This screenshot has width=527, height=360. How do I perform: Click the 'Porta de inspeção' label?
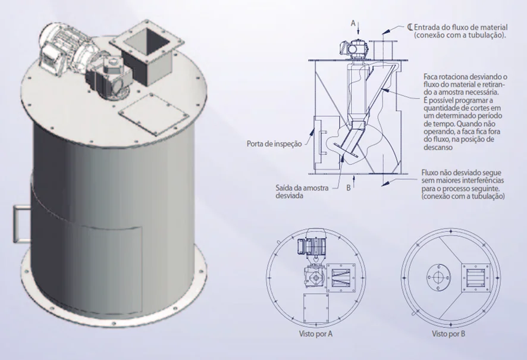click(x=274, y=144)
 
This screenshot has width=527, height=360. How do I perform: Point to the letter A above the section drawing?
click(x=353, y=23)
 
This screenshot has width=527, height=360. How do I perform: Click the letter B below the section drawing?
click(x=349, y=187)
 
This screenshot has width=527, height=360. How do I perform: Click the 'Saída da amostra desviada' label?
click(x=302, y=192)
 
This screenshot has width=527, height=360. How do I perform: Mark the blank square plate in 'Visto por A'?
click(x=316, y=308)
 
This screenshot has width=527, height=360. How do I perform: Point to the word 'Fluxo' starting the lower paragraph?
click(x=429, y=173)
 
